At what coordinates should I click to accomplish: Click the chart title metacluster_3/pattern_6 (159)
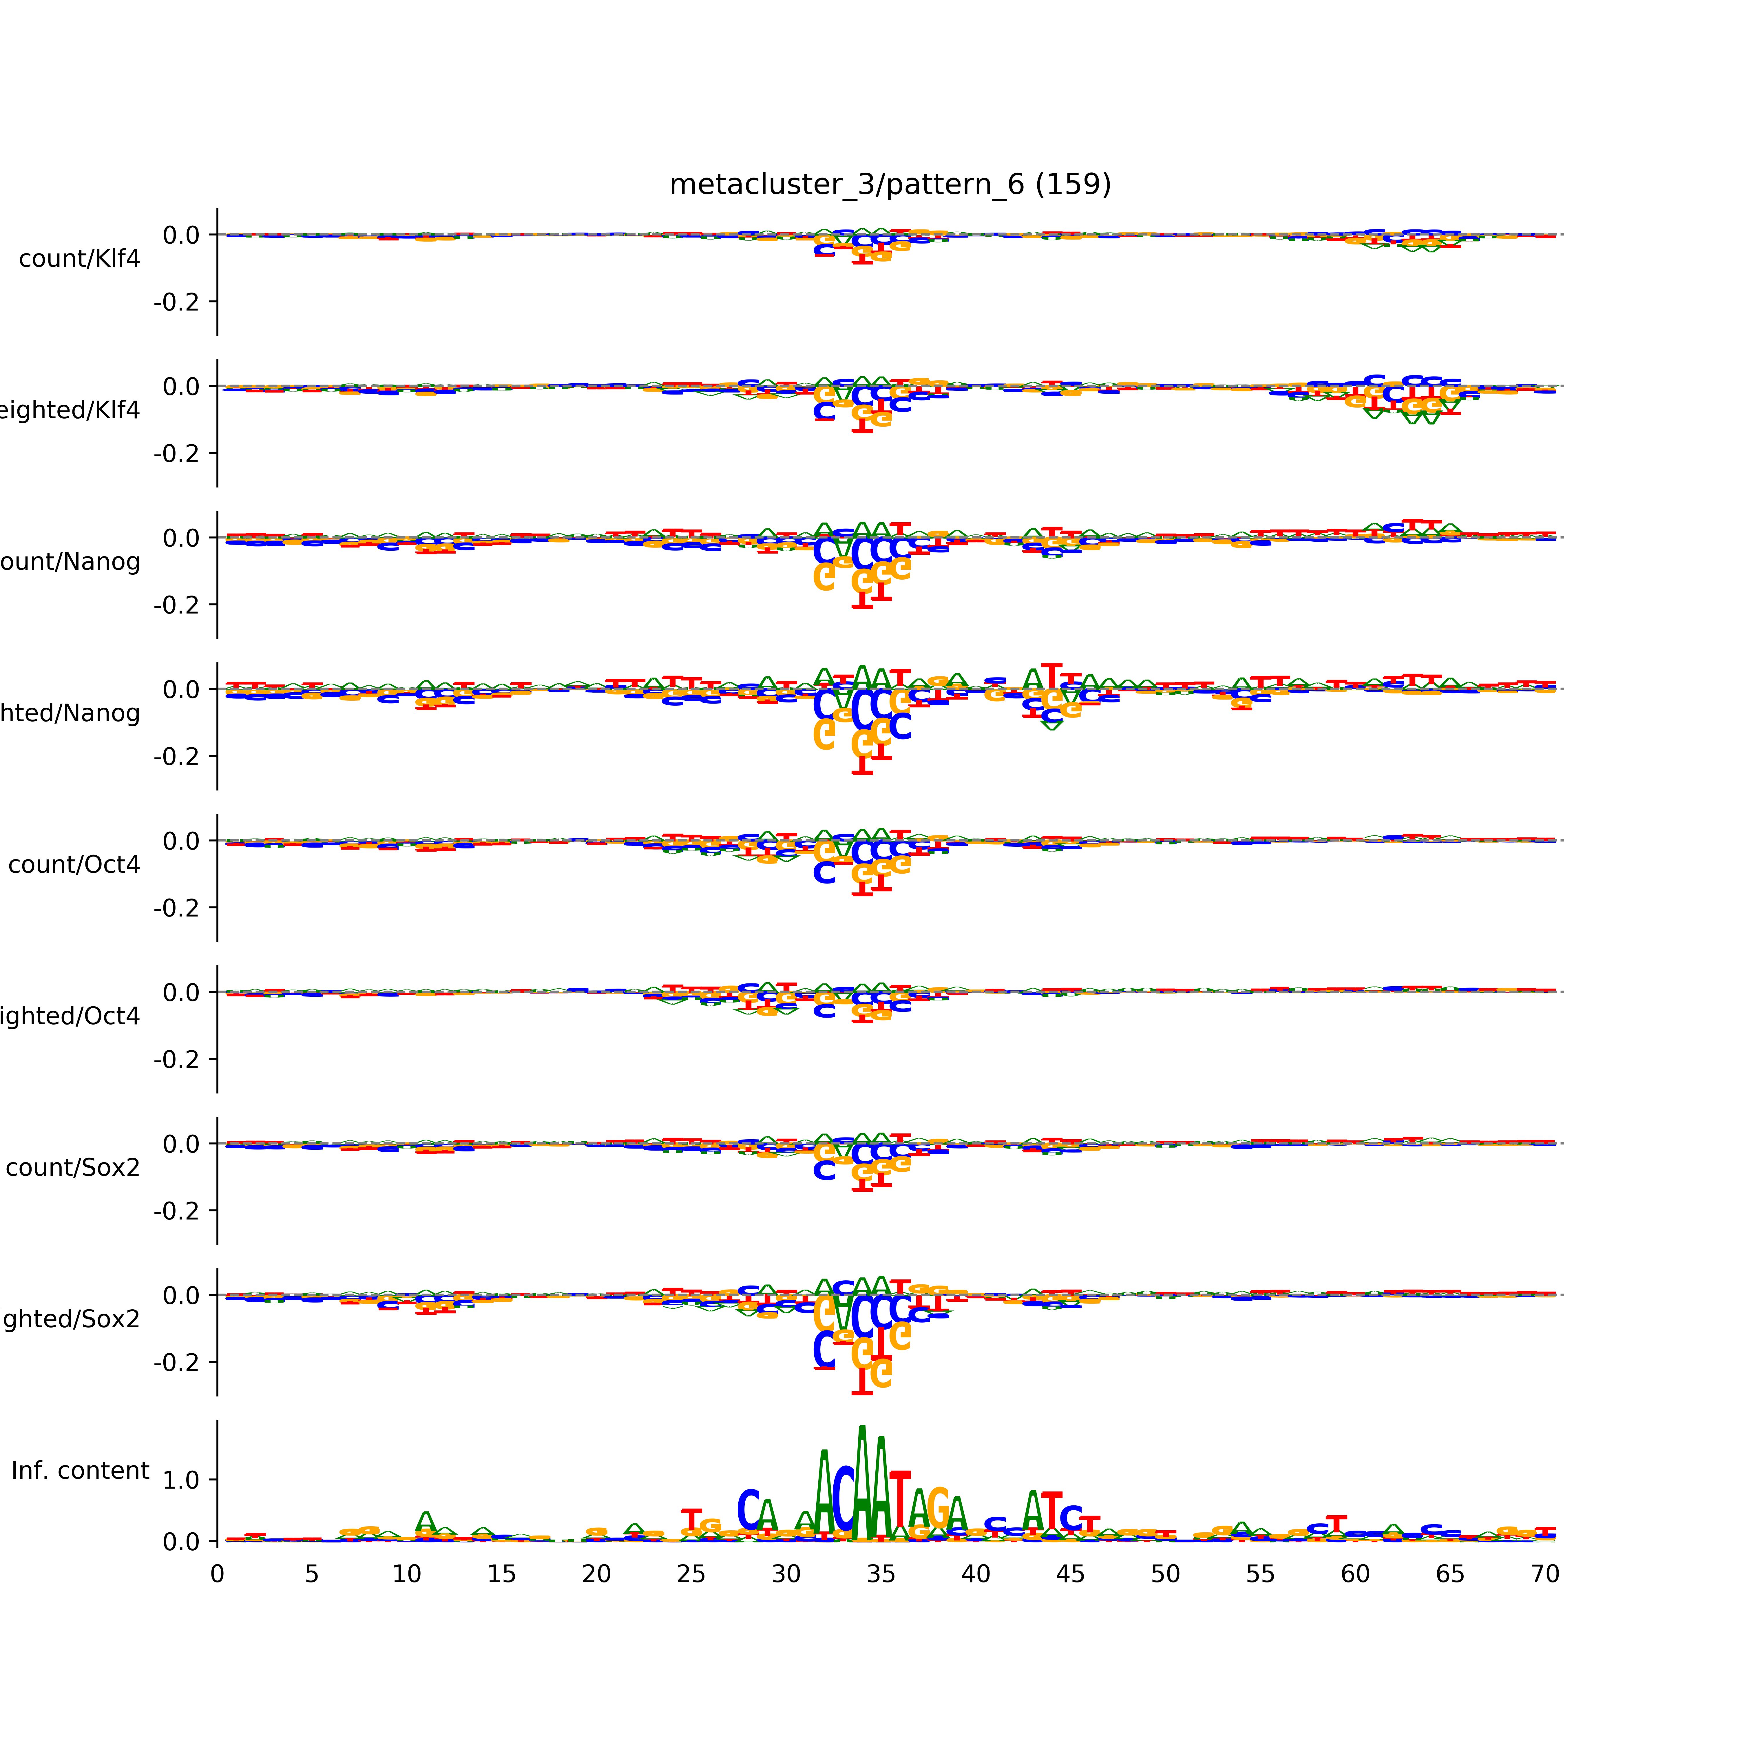tap(890, 185)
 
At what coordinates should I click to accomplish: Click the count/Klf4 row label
tap(79, 259)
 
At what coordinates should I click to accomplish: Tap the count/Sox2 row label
tap(73, 1168)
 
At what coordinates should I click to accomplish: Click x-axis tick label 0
tap(217, 1574)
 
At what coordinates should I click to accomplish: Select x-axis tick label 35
tap(881, 1574)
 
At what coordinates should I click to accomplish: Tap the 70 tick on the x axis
tap(1545, 1574)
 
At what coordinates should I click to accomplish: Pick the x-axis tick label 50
tap(1165, 1574)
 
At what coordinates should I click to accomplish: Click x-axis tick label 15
tap(501, 1574)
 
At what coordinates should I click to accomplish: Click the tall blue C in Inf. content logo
tap(843, 1500)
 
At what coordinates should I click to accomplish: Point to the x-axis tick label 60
tap(1355, 1574)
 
